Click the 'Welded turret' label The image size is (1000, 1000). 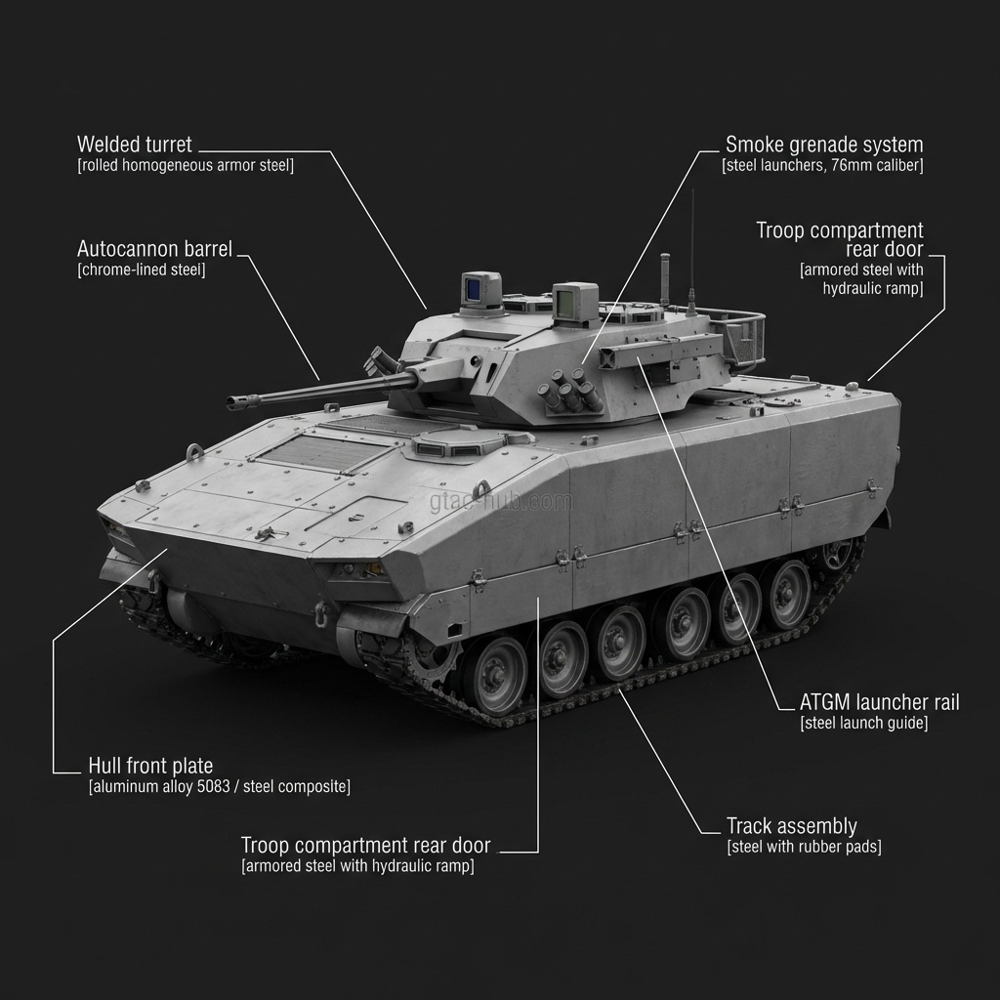point(135,146)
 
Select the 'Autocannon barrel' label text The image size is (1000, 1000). point(154,250)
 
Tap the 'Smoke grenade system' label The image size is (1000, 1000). point(823,146)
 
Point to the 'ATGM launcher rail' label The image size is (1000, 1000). point(879,702)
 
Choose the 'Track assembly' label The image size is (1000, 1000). point(791,826)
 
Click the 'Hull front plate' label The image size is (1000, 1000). point(150,766)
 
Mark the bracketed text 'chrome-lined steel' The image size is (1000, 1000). point(141,271)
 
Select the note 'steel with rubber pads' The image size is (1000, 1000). point(804,847)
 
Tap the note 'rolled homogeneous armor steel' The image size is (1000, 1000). point(185,166)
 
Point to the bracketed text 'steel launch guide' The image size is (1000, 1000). point(863,724)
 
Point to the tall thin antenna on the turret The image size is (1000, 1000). point(691,244)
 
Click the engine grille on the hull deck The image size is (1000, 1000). point(323,450)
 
